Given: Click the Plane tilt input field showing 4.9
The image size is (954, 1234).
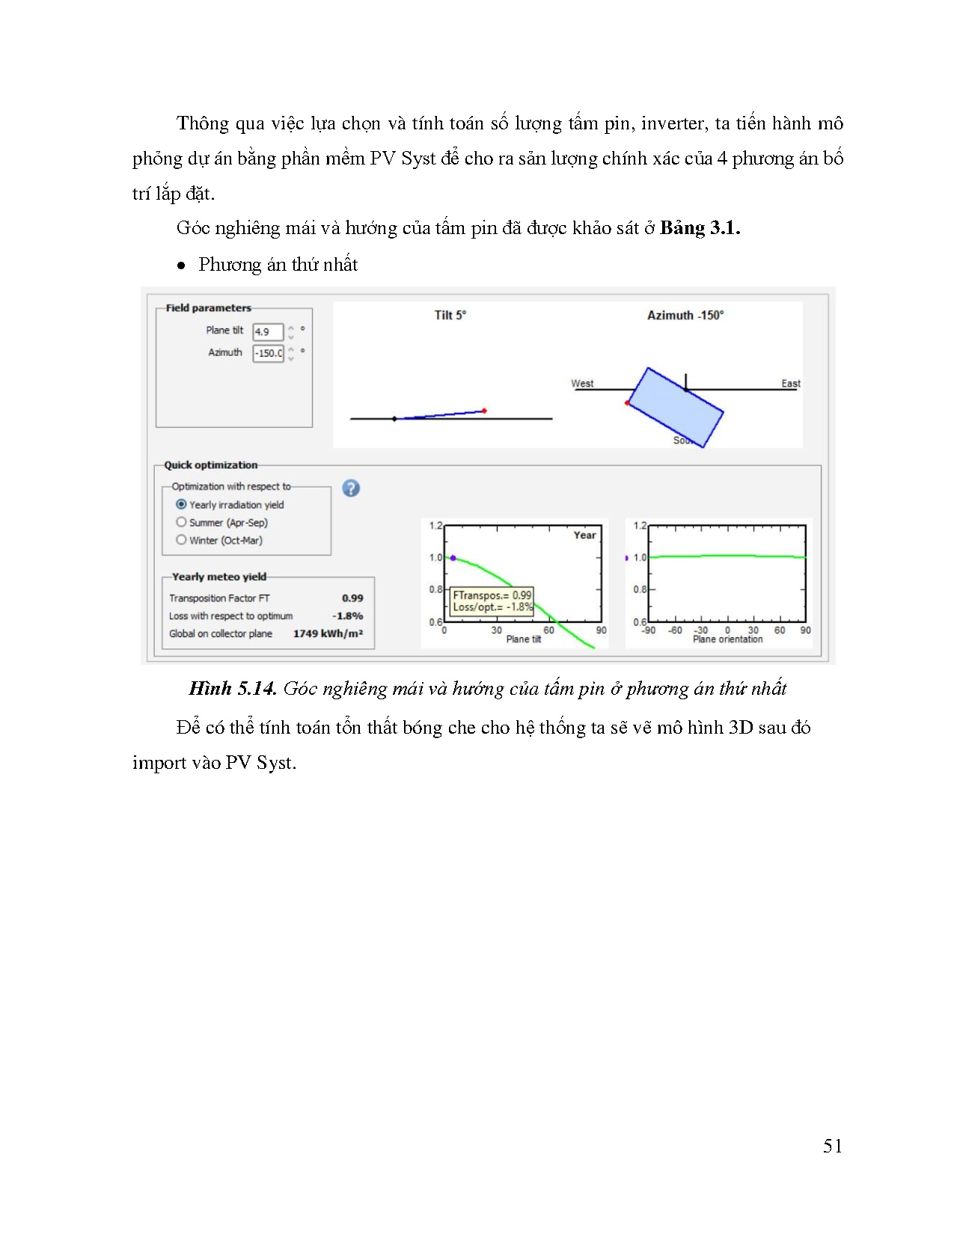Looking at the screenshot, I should (x=267, y=331).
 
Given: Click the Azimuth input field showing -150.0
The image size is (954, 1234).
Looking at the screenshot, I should (x=267, y=353).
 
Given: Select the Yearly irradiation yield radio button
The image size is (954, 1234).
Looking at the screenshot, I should (x=181, y=505).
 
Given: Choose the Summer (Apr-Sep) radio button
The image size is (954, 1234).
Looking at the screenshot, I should (x=181, y=522).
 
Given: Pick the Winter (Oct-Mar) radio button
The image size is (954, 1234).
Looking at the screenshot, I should (x=181, y=540).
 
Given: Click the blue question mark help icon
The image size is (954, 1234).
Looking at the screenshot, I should (x=351, y=488).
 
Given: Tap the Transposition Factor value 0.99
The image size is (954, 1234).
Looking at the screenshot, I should (x=352, y=598).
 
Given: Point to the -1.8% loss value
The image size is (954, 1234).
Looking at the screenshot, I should (x=348, y=616).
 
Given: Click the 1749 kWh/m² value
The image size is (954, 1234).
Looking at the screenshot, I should (x=328, y=633).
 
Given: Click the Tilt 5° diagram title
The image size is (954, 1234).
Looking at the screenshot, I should (x=450, y=315).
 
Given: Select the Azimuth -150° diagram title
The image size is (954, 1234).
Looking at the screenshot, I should (x=685, y=315).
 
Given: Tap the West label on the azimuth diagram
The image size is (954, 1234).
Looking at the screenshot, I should (x=582, y=383).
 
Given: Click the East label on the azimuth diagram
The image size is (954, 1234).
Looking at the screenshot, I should (x=791, y=383).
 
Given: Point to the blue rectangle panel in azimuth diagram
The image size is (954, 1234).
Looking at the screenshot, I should (x=675, y=408).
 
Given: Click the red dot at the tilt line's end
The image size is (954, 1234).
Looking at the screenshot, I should (x=484, y=411).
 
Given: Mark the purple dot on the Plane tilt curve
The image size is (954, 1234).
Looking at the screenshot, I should (x=453, y=558).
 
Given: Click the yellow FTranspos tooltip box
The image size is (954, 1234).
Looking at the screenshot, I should (x=492, y=601).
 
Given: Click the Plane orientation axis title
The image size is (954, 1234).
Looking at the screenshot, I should (x=727, y=639).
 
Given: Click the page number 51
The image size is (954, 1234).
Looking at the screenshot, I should (x=832, y=1146).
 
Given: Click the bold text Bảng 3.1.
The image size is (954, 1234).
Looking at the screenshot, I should (x=700, y=228).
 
